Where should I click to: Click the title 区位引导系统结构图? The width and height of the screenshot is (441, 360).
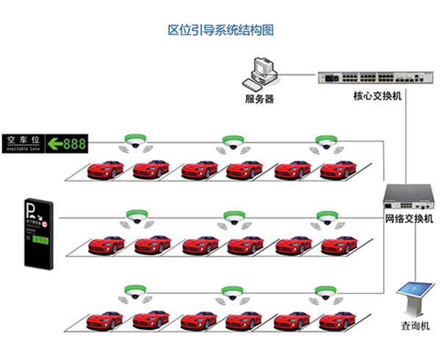(x=220, y=31)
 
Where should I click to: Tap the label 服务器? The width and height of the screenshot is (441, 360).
(x=259, y=99)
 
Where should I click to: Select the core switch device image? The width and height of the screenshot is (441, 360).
(x=365, y=77)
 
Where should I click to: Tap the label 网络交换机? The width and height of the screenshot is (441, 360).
(x=409, y=219)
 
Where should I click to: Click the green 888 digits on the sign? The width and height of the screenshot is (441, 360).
(x=75, y=143)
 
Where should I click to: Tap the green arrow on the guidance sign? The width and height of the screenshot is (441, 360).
(x=54, y=143)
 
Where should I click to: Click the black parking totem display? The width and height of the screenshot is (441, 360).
(x=36, y=233)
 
